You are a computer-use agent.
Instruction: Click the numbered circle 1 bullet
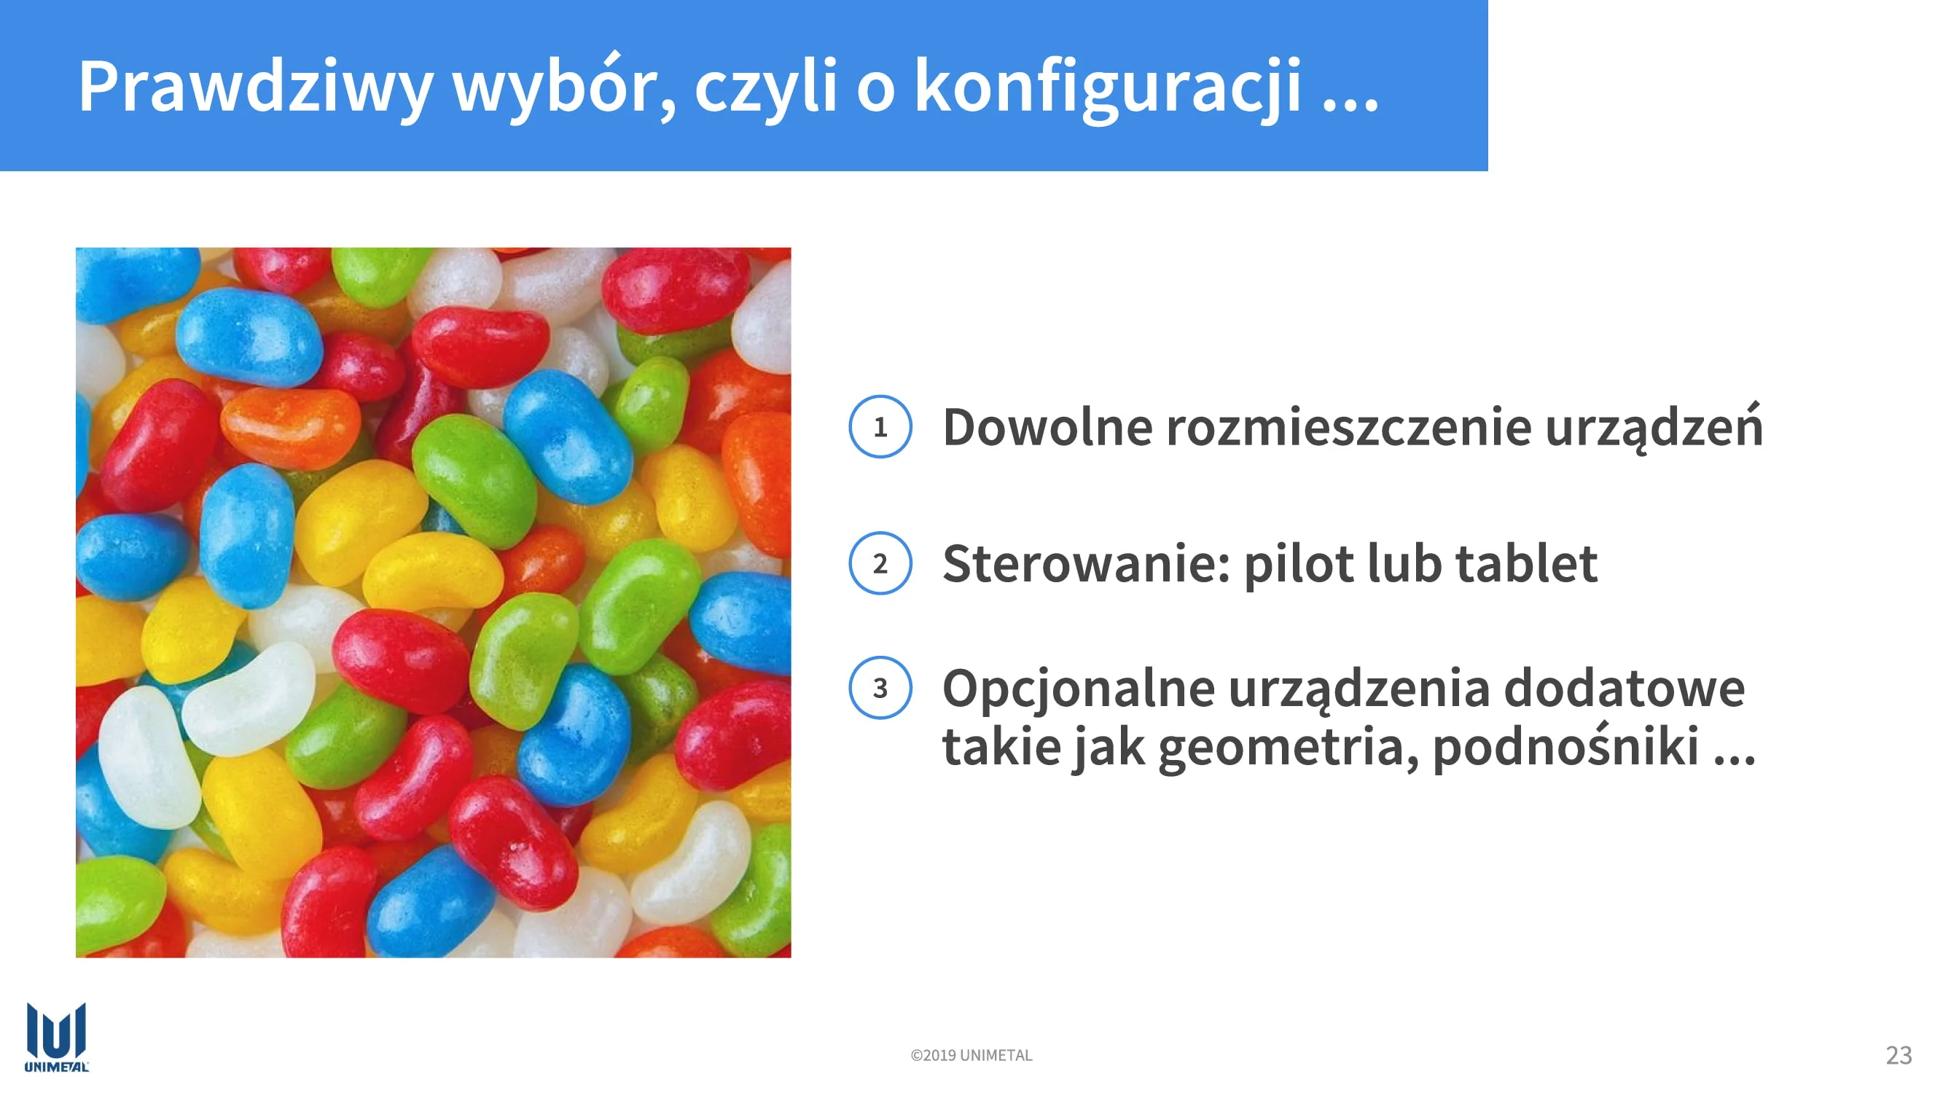pyautogui.click(x=880, y=427)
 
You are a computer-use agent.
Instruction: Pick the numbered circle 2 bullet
pyautogui.click(x=880, y=563)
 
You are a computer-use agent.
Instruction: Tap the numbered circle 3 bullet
pyautogui.click(x=880, y=688)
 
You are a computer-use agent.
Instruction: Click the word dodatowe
pyautogui.click(x=1624, y=688)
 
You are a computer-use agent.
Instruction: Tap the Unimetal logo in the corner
pyautogui.click(x=57, y=1036)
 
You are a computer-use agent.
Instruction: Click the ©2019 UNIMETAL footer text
pyautogui.click(x=971, y=1055)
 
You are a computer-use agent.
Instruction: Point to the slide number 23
pyautogui.click(x=1899, y=1054)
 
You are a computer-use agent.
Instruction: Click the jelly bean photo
pyautogui.click(x=433, y=602)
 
